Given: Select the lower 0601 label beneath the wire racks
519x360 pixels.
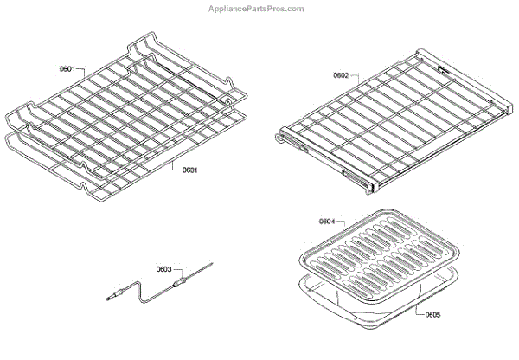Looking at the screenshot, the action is coord(190,170).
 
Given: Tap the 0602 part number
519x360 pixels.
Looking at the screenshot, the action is coord(341,76).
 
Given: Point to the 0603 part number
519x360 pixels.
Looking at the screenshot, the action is coord(164,269).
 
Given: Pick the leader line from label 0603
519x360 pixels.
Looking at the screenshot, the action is coord(176,273).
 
